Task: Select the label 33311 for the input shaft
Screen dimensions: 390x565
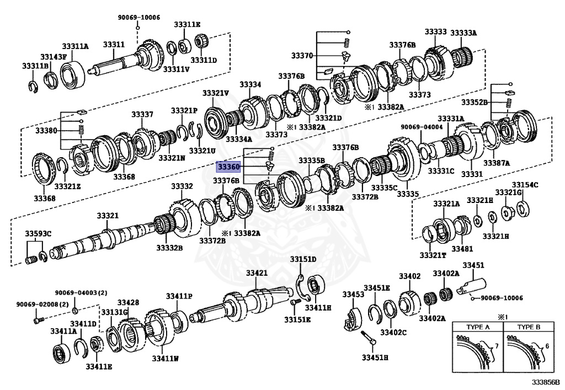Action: (x=114, y=44)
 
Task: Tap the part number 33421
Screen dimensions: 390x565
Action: (x=257, y=273)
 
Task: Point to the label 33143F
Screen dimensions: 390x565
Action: (x=54, y=57)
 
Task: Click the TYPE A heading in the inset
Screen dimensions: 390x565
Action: (x=478, y=327)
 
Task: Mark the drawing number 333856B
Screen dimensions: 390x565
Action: (x=545, y=382)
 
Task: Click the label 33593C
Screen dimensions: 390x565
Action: (x=38, y=234)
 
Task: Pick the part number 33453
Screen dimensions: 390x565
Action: (x=353, y=295)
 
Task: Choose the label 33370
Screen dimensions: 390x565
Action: (x=302, y=56)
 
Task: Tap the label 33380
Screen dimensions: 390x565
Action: (x=46, y=131)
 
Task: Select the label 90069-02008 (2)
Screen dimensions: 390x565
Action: (x=35, y=304)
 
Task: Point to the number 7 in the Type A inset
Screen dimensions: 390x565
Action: (x=496, y=345)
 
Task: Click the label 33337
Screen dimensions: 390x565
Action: (x=142, y=114)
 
